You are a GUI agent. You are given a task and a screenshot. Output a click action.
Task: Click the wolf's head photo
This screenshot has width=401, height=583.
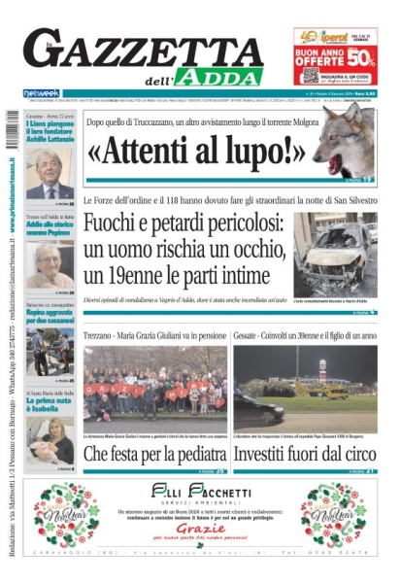[346, 141]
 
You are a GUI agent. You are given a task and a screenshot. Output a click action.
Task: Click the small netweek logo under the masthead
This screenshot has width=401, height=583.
[41, 93]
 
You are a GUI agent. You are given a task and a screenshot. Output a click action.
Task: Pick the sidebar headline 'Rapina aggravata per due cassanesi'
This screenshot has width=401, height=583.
[49, 321]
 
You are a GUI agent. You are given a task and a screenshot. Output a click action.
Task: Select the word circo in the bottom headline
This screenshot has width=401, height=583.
[353, 453]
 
